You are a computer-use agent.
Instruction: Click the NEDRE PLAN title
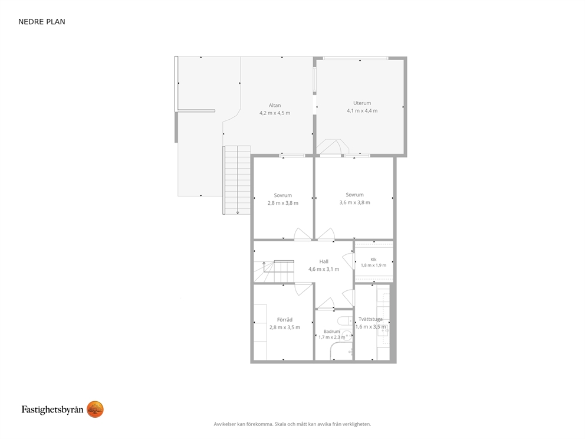pyautogui.click(x=42, y=22)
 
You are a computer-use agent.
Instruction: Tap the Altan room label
pyautogui.click(x=275, y=105)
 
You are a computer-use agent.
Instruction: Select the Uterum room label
pyautogui.click(x=362, y=103)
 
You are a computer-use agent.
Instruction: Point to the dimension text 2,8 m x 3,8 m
pyautogui.click(x=283, y=203)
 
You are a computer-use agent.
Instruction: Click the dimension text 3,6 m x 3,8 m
pyautogui.click(x=354, y=202)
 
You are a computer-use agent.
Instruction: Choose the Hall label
pyautogui.click(x=324, y=261)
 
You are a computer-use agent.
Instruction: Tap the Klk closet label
pyautogui.click(x=373, y=260)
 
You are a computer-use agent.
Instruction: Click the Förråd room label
pyautogui.click(x=285, y=320)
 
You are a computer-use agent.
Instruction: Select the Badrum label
pyautogui.click(x=331, y=332)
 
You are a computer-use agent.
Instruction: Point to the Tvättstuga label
pyautogui.click(x=370, y=319)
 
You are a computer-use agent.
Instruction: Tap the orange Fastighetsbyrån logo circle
pyautogui.click(x=95, y=409)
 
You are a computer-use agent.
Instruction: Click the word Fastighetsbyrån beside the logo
pyautogui.click(x=52, y=410)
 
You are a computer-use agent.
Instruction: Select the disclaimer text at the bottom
pyautogui.click(x=292, y=424)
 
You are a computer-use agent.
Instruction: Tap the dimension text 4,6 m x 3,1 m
pyautogui.click(x=324, y=269)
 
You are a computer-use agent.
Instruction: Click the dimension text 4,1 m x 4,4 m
pyautogui.click(x=362, y=111)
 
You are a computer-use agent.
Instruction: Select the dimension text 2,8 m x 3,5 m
pyautogui.click(x=285, y=327)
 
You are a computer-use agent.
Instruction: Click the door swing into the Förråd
pyautogui.click(x=304, y=289)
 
